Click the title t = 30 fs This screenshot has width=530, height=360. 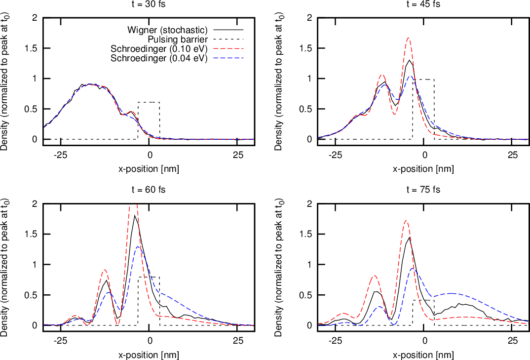click(x=149, y=4)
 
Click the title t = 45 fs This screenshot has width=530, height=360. click(x=423, y=4)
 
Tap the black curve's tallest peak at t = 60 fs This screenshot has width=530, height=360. click(x=135, y=215)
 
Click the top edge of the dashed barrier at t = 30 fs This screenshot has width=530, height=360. click(x=149, y=102)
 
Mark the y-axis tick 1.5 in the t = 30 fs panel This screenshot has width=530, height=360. click(x=34, y=48)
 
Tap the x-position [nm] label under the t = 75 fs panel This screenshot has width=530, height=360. click(x=423, y=355)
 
